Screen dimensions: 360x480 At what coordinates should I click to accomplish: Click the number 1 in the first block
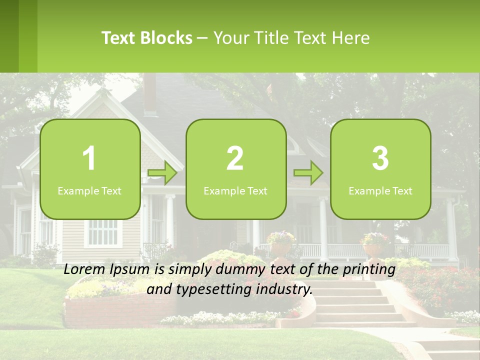click(89, 158)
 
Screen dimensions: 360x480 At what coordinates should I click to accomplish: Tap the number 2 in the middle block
click(235, 158)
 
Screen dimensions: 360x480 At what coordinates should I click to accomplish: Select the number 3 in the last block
click(380, 158)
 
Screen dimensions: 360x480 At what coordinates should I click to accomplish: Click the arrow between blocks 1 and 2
click(163, 173)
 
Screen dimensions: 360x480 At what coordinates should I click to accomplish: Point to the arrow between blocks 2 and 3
click(308, 173)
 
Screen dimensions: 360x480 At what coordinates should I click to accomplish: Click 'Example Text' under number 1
click(89, 191)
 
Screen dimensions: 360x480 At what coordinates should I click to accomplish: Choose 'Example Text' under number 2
click(235, 191)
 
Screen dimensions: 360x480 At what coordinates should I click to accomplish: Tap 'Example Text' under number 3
click(380, 191)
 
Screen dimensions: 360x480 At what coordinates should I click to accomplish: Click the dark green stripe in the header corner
click(9, 36)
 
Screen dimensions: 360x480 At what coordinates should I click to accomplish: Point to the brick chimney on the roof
click(150, 95)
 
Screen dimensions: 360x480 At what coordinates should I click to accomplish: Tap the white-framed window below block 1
click(103, 232)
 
